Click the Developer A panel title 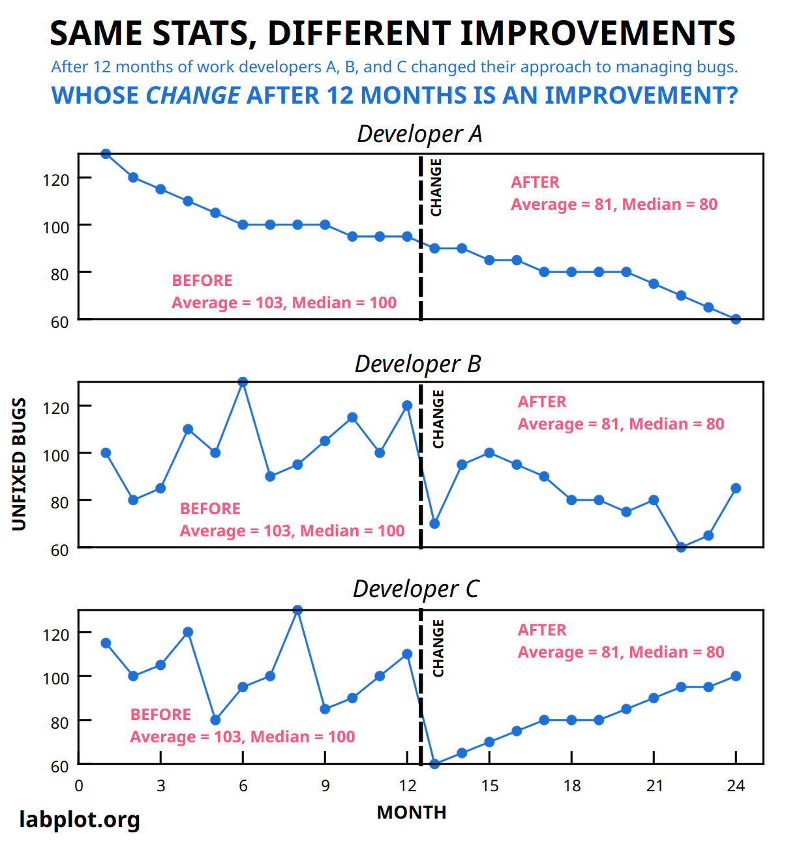[x=419, y=134]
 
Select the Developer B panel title [x=417, y=364]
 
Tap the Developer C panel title [x=416, y=589]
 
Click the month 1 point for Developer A [x=106, y=154]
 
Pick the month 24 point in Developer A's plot [x=736, y=319]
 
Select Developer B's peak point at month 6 [x=243, y=382]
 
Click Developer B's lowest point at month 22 [x=681, y=547]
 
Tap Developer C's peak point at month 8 [x=297, y=610]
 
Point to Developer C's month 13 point [x=434, y=764]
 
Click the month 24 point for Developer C [x=736, y=676]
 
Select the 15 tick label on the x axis [x=489, y=786]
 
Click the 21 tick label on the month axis [x=654, y=786]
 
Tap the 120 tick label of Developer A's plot [x=55, y=179]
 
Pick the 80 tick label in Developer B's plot [x=59, y=502]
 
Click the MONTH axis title [x=412, y=813]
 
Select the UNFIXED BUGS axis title [x=20, y=464]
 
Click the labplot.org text [x=80, y=819]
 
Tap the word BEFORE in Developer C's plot [x=160, y=714]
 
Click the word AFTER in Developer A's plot [x=535, y=182]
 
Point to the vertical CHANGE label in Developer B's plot [x=438, y=419]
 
